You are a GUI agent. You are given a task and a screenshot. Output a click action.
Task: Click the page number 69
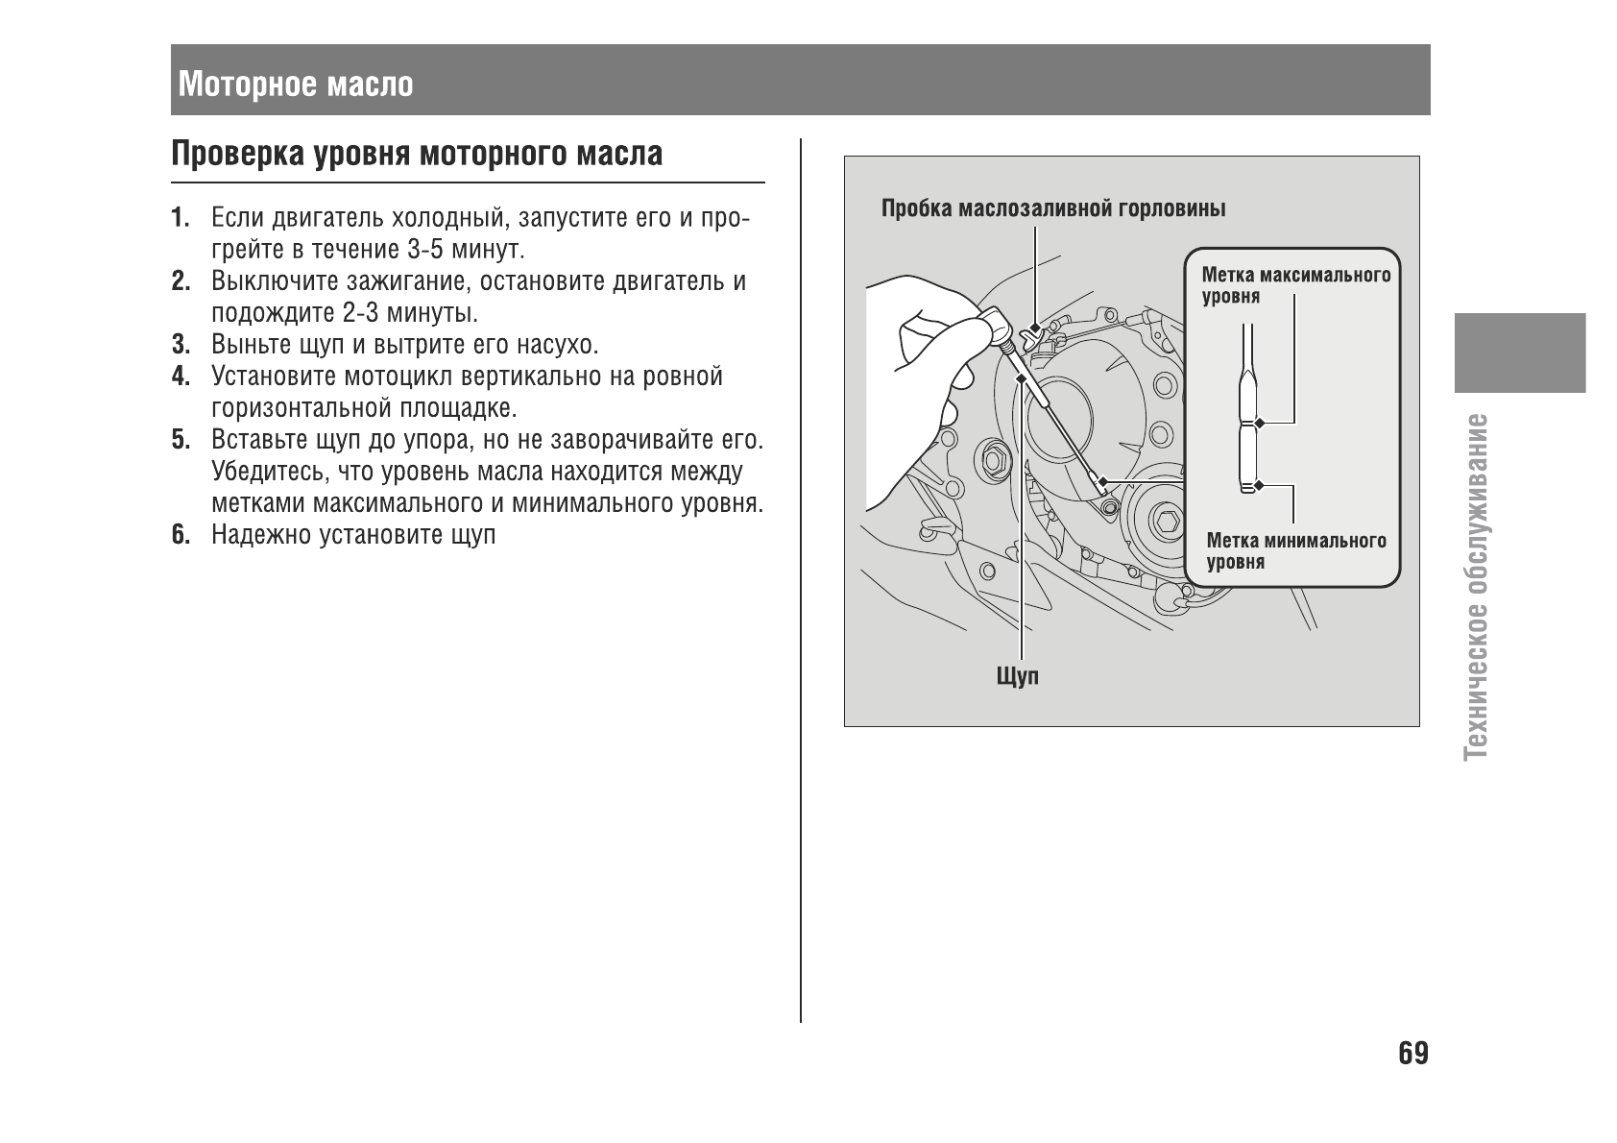[x=1412, y=1054]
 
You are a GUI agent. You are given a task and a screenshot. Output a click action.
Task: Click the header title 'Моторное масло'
[x=296, y=85]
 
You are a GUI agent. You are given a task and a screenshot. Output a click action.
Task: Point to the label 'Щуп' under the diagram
[x=1018, y=676]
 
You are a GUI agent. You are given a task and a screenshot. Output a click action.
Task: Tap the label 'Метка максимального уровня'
[x=1295, y=285]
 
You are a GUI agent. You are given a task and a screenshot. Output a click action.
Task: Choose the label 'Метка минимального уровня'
[x=1295, y=551]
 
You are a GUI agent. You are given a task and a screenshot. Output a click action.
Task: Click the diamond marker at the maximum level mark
[x=1259, y=422]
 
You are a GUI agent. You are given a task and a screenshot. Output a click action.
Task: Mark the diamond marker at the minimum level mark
[x=1259, y=486]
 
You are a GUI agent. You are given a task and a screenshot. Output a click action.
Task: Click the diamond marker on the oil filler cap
[x=1034, y=328]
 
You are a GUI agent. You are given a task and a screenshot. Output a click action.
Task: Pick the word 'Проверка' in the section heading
[x=238, y=154]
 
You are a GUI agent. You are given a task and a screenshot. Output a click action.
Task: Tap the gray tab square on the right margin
[x=1519, y=352]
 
